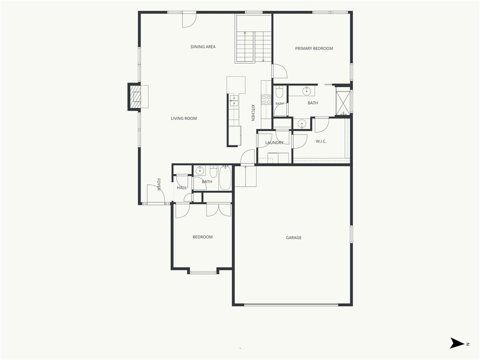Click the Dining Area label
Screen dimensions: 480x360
tap(203, 47)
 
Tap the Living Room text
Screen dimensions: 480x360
tap(184, 119)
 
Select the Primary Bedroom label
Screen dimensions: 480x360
tap(314, 48)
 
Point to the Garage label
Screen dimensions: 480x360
tap(293, 238)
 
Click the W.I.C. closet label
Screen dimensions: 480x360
tap(321, 142)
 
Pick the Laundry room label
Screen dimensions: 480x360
tap(274, 142)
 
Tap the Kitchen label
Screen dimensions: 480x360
tap(253, 112)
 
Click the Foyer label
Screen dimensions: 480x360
tap(158, 184)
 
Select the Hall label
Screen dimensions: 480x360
tap(181, 187)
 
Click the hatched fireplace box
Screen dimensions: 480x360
tap(135, 97)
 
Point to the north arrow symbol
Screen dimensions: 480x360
tap(457, 343)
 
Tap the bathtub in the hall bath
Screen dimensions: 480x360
tap(225, 178)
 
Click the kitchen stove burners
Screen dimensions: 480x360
tap(266, 100)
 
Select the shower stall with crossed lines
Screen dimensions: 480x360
tap(343, 101)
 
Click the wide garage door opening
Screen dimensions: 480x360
tap(291, 305)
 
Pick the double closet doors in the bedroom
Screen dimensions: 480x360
tap(218, 210)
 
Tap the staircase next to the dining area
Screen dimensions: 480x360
tap(254, 46)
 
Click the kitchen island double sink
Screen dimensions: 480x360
tap(234, 100)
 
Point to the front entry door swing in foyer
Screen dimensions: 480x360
tap(156, 194)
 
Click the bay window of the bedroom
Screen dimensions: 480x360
tap(203, 272)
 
